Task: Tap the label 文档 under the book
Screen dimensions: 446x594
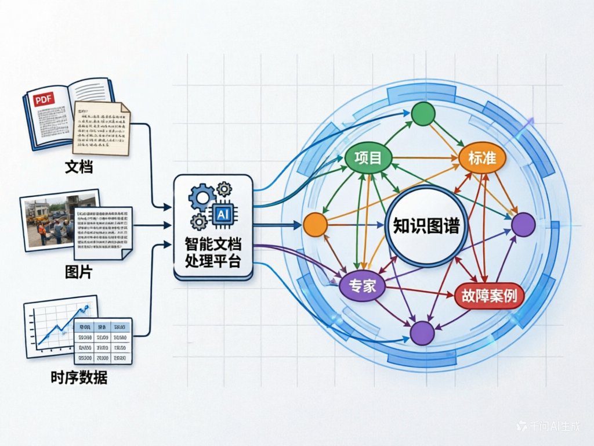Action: (79, 168)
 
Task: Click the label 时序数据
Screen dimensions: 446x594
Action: (79, 377)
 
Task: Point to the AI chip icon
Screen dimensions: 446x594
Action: (222, 214)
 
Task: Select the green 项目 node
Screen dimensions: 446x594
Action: (368, 157)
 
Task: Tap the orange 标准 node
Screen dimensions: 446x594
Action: (482, 157)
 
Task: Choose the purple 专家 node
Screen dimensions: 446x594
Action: (362, 286)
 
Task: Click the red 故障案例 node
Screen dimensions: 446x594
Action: (489, 296)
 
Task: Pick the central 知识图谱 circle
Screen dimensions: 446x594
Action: (426, 226)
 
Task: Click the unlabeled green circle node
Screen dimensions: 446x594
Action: (423, 114)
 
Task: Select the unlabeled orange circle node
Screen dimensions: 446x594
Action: (316, 225)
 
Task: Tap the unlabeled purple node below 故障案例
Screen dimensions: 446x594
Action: (422, 333)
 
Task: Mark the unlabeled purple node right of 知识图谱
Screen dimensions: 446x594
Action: (523, 224)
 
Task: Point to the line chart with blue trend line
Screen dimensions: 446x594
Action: (58, 327)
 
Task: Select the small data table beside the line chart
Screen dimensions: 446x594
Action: (103, 340)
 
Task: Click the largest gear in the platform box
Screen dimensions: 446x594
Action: (202, 197)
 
